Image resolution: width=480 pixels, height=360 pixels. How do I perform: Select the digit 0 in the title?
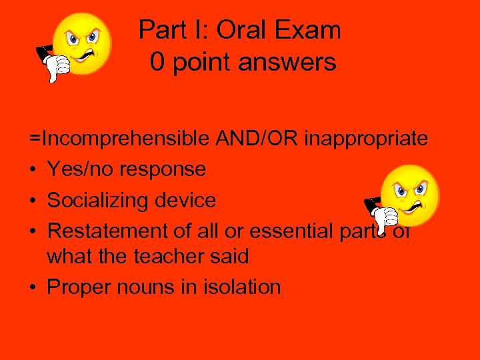(157, 62)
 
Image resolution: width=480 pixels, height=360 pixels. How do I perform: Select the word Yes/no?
(80, 169)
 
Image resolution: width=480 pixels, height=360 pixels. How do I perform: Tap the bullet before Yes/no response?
(33, 170)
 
